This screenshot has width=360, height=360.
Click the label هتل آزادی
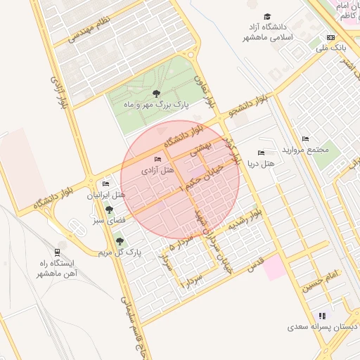coord(157,171)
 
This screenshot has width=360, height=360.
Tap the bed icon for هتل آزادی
coord(157,160)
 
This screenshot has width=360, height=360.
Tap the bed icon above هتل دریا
coord(262,153)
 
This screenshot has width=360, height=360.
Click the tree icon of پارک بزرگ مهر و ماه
coord(156,94)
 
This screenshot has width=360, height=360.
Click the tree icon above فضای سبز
coord(108,210)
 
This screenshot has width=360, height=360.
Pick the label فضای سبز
coord(108,220)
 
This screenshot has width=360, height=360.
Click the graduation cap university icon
coord(267,17)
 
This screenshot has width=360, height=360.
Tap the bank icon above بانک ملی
coord(331,38)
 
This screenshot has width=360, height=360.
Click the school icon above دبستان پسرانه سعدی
coord(323,316)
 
